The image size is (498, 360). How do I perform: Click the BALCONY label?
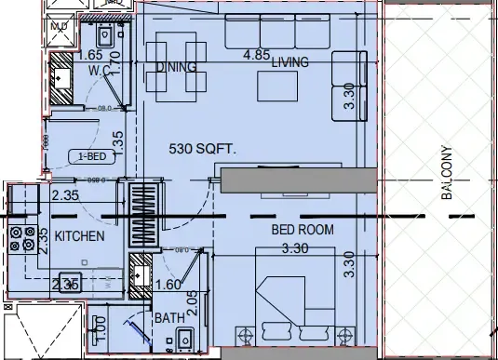[x=447, y=174]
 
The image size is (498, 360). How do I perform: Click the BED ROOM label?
[x=302, y=229]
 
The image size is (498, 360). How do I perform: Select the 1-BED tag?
[x=90, y=156]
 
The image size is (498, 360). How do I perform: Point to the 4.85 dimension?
[x=257, y=55]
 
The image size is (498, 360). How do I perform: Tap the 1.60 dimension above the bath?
[x=168, y=285]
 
